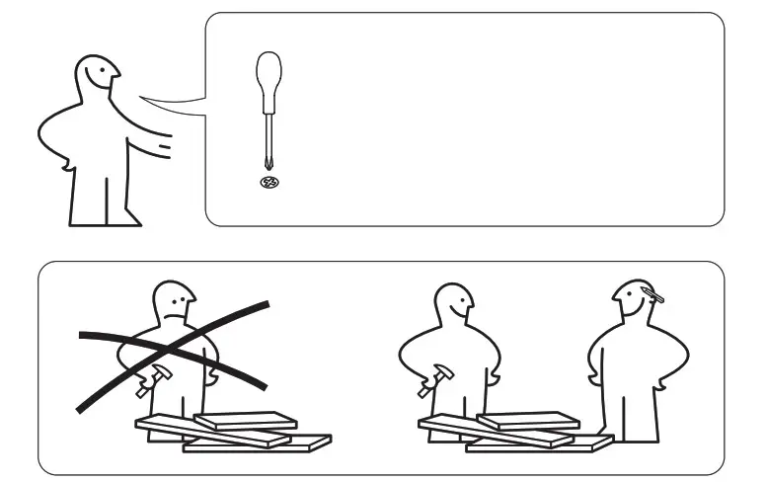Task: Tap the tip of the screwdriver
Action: click(x=266, y=167)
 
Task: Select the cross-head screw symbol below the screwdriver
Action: click(x=266, y=183)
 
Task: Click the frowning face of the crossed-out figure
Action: click(x=176, y=302)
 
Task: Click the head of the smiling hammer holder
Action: click(x=455, y=305)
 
